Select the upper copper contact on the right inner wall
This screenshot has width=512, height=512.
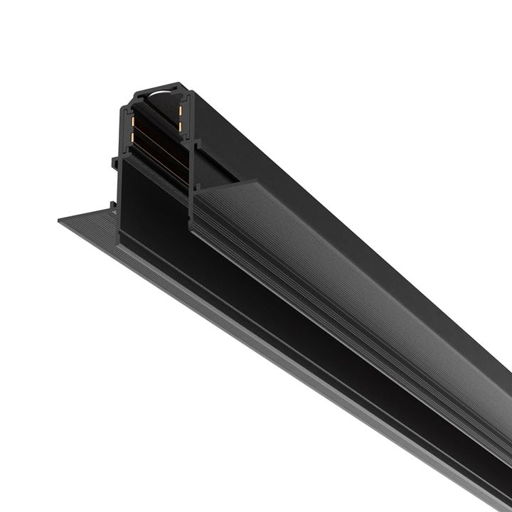click(x=181, y=110)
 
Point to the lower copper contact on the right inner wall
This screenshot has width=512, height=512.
click(x=181, y=127)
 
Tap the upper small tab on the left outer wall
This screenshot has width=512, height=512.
click(x=114, y=163)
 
